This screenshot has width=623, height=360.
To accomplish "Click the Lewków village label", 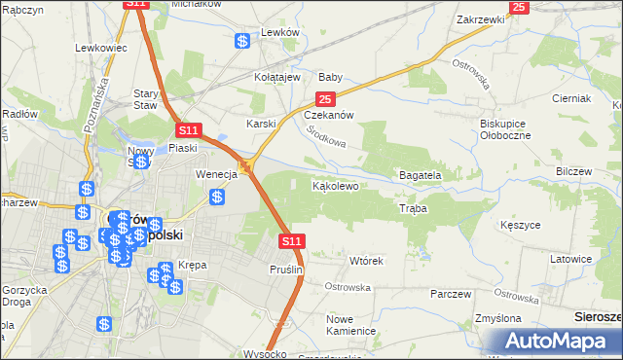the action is pos(278,32).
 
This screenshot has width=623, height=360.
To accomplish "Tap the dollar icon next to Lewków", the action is pos(242,41).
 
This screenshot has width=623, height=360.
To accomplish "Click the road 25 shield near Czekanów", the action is pos(325,99).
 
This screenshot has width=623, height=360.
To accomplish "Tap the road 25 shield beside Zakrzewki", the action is pos(519,7).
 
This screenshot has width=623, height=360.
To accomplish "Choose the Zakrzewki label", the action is pos(480,19).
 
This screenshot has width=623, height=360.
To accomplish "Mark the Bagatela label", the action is pos(421,175).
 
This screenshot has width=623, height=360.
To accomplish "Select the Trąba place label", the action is pos(413,209).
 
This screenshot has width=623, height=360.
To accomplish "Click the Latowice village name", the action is pos(571,259).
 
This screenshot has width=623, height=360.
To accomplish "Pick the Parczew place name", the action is pos(450,294).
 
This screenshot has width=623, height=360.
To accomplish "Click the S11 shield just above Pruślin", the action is pos(291,240).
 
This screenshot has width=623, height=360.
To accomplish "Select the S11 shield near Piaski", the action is pos(188,130).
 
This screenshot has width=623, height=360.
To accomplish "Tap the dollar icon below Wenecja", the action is pos(217,197).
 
